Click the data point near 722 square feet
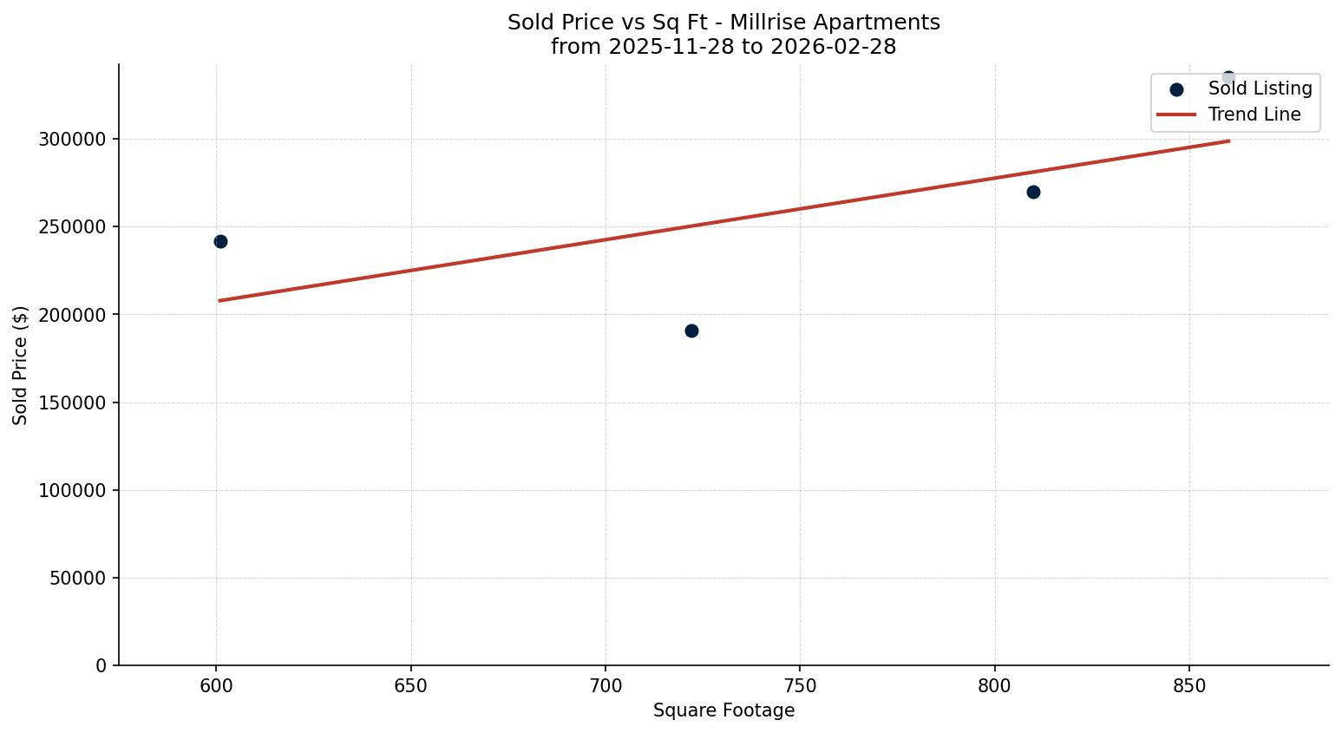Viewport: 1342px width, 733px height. coord(691,331)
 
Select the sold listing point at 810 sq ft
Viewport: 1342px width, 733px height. coord(1033,192)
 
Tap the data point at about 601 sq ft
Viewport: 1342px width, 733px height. coord(220,241)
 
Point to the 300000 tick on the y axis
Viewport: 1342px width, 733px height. coord(72,140)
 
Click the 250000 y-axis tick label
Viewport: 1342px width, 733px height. coord(72,227)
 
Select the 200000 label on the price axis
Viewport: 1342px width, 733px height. coord(72,315)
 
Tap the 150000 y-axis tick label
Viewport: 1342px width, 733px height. coord(72,402)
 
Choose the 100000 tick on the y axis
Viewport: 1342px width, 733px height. coord(72,490)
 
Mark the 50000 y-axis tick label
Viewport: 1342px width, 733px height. coord(77,578)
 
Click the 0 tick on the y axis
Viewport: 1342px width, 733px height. coord(101,665)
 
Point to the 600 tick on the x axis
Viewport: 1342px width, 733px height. coord(216,686)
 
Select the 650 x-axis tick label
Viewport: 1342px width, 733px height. coord(410,686)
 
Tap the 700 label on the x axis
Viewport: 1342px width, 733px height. coord(606,686)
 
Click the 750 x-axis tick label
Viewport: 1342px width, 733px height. coord(800,686)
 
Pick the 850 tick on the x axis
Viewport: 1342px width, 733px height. coord(1189,686)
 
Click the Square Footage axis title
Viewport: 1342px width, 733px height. coord(723,711)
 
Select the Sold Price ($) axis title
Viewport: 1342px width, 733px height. coord(21,365)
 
